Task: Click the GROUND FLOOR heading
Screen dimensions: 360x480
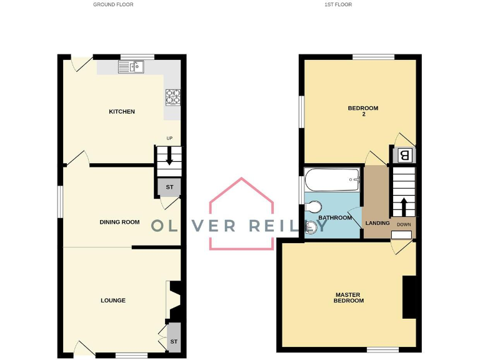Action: pos(113,4)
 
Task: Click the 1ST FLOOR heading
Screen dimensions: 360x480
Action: pos(338,4)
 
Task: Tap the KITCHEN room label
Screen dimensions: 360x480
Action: pos(122,112)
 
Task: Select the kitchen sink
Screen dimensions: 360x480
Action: pos(132,66)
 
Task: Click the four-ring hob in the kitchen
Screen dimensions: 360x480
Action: pos(173,97)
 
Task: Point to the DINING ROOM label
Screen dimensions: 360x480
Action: pos(119,222)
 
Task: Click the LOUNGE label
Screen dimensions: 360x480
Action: pos(113,301)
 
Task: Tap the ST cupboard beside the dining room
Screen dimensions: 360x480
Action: pos(169,187)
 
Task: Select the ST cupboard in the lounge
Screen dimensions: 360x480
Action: pos(174,341)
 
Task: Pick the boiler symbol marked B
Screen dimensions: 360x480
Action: pos(404,154)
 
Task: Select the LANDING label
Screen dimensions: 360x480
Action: pos(377,223)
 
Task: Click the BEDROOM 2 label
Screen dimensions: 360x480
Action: pos(362,111)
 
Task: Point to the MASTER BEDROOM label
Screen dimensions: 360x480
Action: pos(349,297)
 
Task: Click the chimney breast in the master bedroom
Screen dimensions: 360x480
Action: pos(409,297)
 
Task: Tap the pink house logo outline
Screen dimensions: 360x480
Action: pos(241,212)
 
